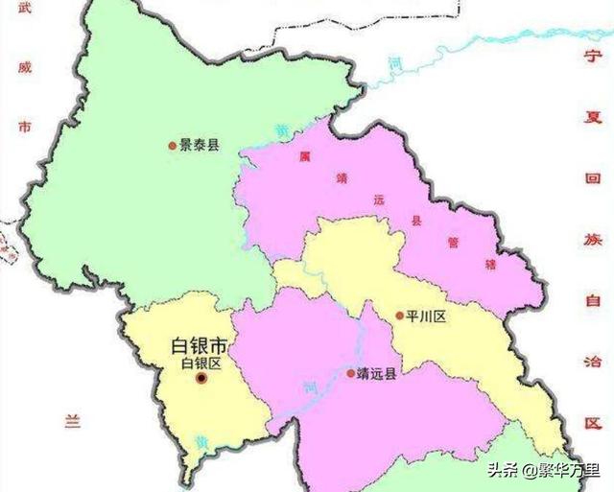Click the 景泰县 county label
(200, 145)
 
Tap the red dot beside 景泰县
(173, 145)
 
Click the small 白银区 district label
(201, 363)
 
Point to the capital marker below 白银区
(201, 379)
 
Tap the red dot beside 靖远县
(349, 373)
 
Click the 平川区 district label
(422, 316)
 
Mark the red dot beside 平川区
(399, 316)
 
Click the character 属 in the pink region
(304, 154)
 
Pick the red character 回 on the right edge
(593, 181)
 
